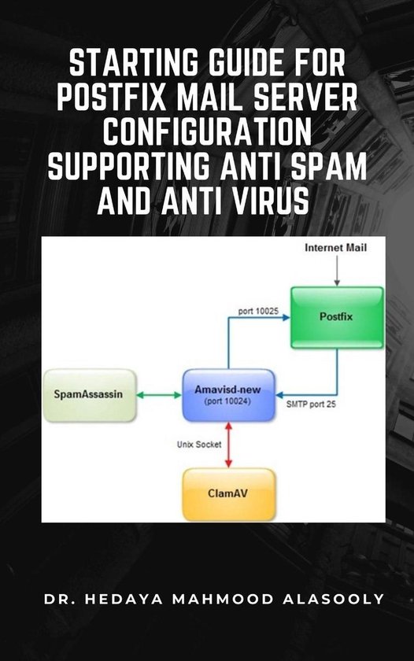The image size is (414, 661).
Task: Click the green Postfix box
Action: click(x=337, y=316)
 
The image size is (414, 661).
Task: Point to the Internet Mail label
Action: click(x=335, y=248)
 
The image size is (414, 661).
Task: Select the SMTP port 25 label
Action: click(x=310, y=407)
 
